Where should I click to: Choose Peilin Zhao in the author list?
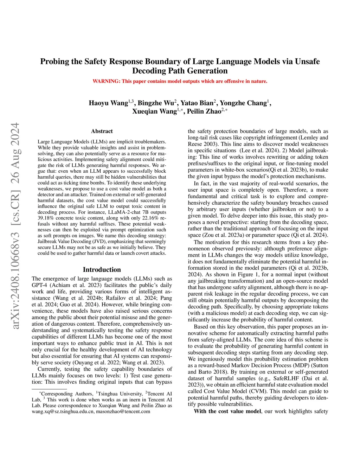[x=204, y=111]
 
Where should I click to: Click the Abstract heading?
[x=102, y=131]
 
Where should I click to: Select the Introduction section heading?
[x=102, y=270]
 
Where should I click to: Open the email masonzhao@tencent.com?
[x=123, y=411]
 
